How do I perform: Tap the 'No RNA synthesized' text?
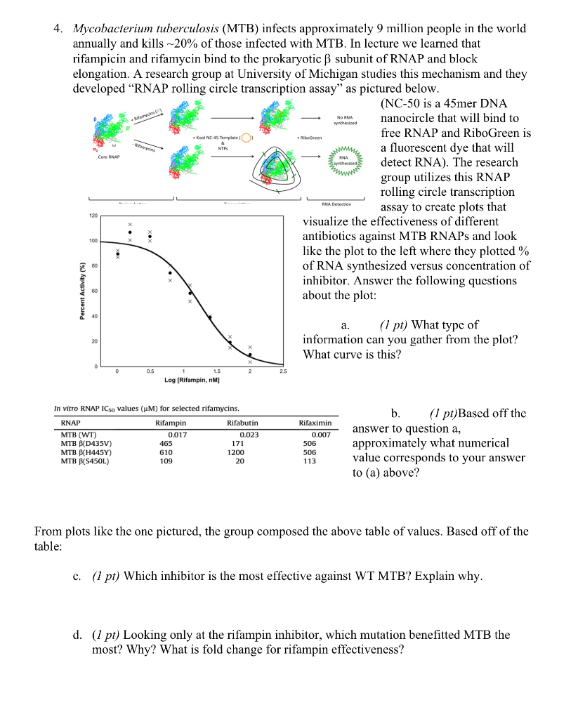(346, 120)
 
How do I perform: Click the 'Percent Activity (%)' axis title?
(82, 291)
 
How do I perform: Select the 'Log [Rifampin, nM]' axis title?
(192, 380)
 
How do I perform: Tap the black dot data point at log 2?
(249, 355)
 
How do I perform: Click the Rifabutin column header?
(242, 423)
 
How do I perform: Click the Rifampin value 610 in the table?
(166, 452)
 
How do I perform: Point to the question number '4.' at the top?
(59, 29)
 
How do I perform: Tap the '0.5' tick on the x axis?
(150, 371)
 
